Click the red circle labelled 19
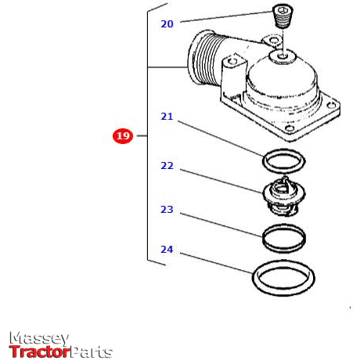pos(123,136)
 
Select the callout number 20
pos(167,24)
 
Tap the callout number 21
pos(167,117)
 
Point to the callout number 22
pos(167,166)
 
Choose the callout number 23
pos(167,210)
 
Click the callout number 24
pos(167,250)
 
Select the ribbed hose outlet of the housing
pos(204,59)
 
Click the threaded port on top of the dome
pos(281,56)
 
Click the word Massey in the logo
pos(39,338)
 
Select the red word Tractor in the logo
pos(39,351)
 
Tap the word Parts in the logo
pos(92,351)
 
